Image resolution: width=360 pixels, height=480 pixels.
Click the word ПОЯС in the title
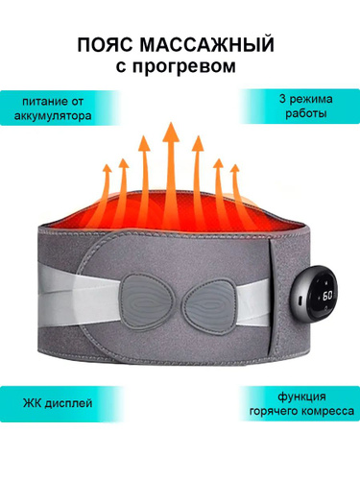coord(105,45)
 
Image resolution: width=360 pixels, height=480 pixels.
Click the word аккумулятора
coord(53,115)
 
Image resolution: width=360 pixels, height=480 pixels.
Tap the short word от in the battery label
coord(76,102)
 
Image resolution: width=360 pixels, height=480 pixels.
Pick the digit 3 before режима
coord(282,99)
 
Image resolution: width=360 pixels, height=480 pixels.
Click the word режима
coord(310,100)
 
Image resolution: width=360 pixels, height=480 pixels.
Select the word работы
coord(306,113)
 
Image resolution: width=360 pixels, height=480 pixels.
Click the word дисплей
coord(68,403)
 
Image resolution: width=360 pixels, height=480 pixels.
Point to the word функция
coord(301,397)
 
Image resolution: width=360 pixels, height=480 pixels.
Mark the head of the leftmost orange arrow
coord(107,169)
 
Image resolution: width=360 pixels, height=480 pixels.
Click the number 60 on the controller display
coord(327,296)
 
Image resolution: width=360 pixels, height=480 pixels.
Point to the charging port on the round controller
coord(300,301)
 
